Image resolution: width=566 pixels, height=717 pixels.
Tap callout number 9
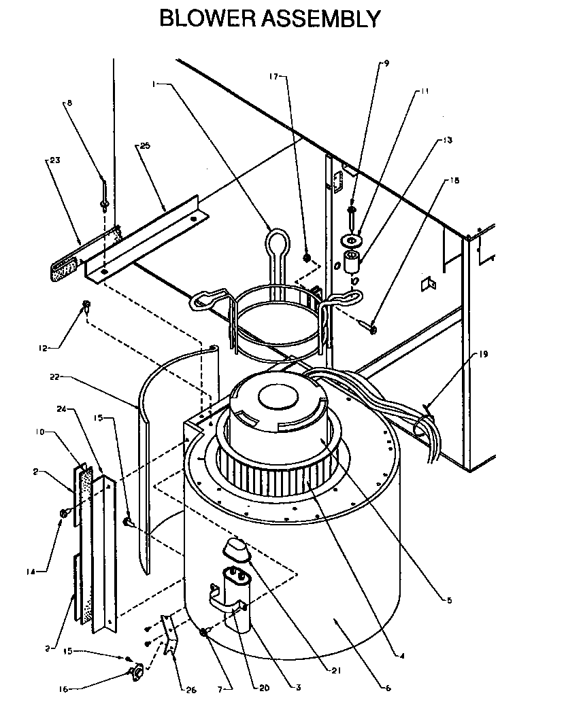pyautogui.click(x=386, y=63)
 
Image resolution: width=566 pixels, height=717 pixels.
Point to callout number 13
pyautogui.click(x=448, y=140)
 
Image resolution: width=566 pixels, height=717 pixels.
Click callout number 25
pyautogui.click(x=145, y=145)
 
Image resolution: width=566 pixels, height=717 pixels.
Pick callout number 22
pyautogui.click(x=54, y=375)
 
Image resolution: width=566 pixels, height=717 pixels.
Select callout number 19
pyautogui.click(x=484, y=353)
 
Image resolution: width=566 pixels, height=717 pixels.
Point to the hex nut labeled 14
pyautogui.click(x=63, y=513)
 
